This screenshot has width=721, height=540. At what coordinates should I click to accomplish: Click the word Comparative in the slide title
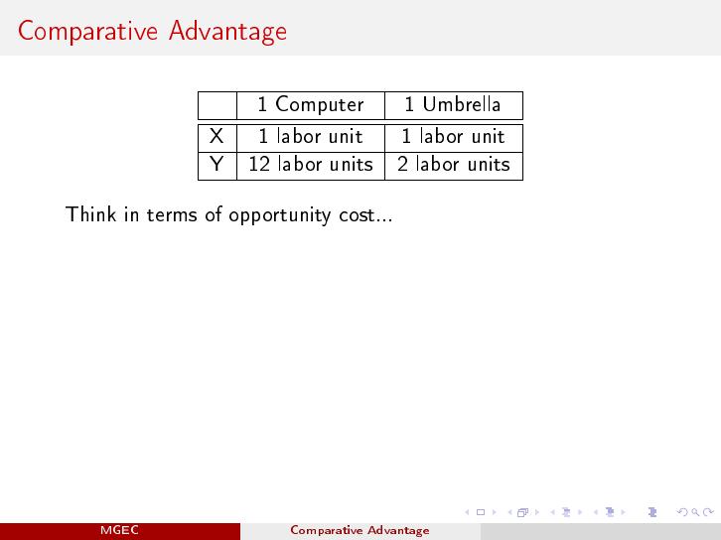click(87, 32)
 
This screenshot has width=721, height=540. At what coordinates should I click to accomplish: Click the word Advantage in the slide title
click(227, 32)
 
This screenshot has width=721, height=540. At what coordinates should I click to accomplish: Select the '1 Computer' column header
click(311, 105)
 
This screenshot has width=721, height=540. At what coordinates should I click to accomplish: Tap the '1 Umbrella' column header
click(453, 104)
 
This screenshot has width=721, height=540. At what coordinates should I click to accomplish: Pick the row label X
click(216, 137)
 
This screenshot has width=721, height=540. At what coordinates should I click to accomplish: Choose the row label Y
click(216, 164)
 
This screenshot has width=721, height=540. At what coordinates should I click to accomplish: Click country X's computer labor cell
click(311, 137)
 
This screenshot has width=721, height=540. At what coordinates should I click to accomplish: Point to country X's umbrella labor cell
click(454, 137)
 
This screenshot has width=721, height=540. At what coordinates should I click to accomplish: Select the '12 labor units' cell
click(311, 165)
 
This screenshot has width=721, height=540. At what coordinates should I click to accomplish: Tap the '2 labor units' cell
click(454, 165)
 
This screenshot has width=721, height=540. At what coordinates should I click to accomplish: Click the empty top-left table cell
click(217, 105)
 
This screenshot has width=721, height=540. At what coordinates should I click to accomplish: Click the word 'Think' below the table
click(91, 214)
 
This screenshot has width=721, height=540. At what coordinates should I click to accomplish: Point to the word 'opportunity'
click(280, 215)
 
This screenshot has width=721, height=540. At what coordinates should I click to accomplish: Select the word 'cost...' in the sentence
click(365, 215)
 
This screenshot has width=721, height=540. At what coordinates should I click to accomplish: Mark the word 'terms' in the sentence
click(172, 215)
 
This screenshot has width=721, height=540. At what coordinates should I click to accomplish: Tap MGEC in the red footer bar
click(119, 530)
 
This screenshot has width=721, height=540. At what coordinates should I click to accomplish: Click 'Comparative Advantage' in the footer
click(360, 531)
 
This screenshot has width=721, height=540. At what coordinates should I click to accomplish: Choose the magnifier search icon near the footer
click(695, 512)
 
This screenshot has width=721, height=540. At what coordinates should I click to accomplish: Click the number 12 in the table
click(259, 165)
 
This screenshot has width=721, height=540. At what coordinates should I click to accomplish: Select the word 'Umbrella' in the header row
click(462, 104)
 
